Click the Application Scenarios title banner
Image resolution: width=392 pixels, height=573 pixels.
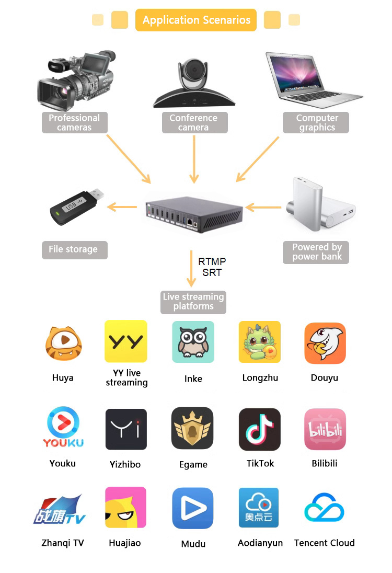coord(196,20)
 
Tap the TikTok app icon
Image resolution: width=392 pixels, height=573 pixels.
coord(260,430)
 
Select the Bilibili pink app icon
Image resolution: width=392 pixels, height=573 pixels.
coord(325,430)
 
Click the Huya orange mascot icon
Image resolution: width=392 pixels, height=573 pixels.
coord(63,343)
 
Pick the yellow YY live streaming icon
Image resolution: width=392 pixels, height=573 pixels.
coord(126,341)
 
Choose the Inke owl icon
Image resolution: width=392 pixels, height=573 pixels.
coord(193,342)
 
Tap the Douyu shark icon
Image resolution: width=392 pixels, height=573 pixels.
coord(325,343)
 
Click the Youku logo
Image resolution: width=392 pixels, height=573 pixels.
coord(63,429)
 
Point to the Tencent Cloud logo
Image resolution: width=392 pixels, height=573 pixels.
coord(324,508)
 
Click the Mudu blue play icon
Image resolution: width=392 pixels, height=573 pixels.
coord(193,508)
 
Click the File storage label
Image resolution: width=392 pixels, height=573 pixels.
coord(74,249)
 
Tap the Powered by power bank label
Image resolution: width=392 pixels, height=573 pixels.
coord(316,252)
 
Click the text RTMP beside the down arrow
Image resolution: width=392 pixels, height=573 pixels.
coord(212,261)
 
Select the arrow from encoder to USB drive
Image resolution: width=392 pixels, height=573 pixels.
coord(122,208)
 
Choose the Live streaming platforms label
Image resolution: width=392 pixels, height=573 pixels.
coord(193,302)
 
